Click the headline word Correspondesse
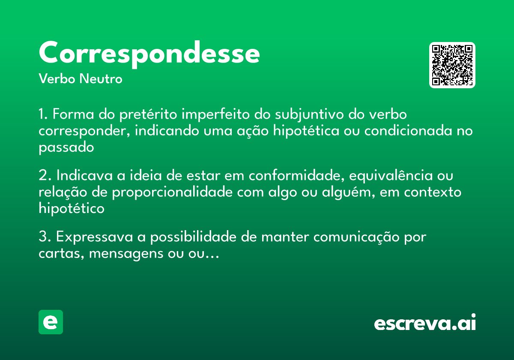click(x=149, y=53)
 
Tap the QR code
click(x=452, y=65)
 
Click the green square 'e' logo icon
click(x=51, y=322)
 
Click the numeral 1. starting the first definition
click(x=43, y=115)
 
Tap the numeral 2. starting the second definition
click(x=45, y=176)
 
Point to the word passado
click(x=66, y=148)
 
